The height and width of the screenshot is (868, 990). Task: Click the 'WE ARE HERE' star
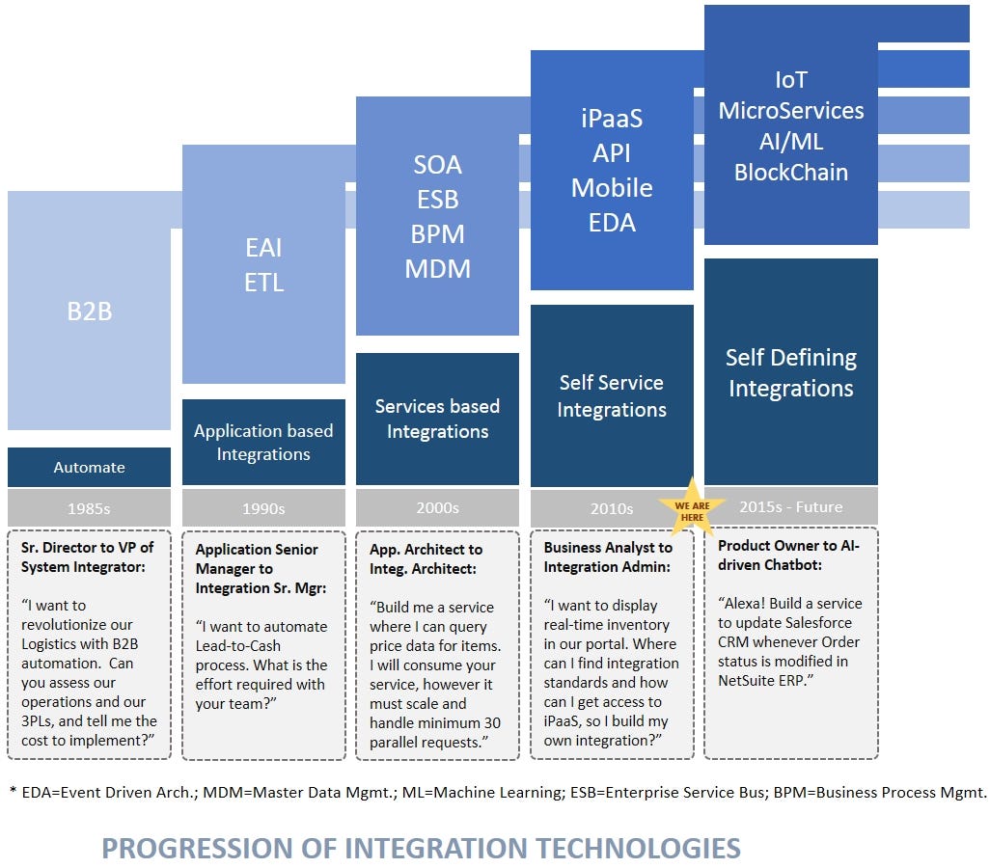click(690, 508)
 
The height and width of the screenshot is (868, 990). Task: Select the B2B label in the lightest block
click(89, 312)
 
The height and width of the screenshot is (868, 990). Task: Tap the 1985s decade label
click(89, 507)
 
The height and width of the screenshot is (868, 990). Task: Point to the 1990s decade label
click(263, 507)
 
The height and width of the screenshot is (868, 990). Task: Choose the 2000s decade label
click(437, 507)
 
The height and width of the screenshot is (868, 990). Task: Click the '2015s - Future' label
click(790, 506)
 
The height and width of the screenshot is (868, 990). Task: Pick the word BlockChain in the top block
click(790, 173)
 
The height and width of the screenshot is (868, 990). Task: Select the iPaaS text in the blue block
click(612, 119)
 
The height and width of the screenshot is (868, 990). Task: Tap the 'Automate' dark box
click(89, 467)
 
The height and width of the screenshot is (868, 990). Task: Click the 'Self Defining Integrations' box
click(790, 372)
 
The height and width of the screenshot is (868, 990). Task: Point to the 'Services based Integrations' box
click(437, 419)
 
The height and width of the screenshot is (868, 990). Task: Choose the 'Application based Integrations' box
click(263, 442)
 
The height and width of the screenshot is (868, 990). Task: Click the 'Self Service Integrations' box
click(612, 395)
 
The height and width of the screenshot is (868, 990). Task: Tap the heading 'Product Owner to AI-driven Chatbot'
click(788, 556)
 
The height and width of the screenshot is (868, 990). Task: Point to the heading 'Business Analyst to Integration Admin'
click(608, 557)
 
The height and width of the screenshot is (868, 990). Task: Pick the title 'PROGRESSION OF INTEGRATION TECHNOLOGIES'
click(421, 848)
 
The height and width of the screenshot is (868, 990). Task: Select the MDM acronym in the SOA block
click(437, 269)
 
